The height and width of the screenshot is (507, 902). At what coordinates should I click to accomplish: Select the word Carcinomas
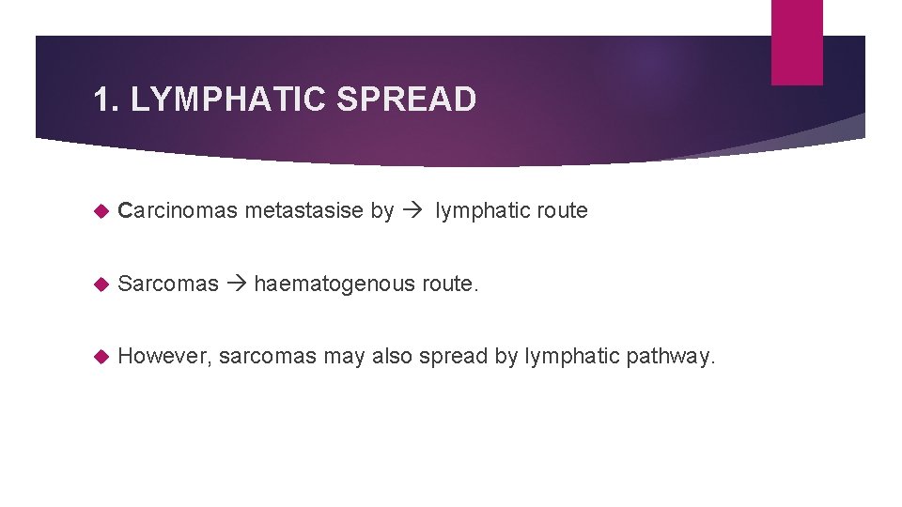178,210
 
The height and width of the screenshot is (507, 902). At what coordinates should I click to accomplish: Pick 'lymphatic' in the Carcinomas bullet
480,210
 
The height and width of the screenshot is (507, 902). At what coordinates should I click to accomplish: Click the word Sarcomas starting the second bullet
169,283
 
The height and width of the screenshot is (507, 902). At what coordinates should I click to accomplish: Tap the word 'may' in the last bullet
345,357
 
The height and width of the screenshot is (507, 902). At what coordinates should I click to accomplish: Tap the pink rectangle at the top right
797,42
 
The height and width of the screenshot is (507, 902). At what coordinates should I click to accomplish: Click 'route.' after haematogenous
448,283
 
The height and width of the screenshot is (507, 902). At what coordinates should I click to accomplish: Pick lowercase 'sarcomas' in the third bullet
268,356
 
